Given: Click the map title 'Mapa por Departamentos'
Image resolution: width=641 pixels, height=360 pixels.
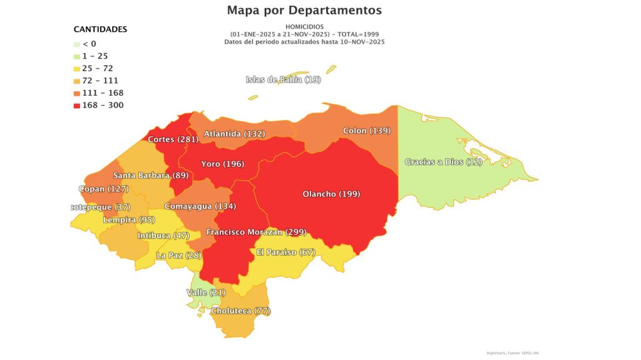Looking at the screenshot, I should coord(304,11).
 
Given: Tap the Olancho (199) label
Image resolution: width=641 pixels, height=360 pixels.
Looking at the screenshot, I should coord(331,194).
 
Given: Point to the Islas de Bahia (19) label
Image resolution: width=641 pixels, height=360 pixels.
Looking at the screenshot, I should coord(283,79).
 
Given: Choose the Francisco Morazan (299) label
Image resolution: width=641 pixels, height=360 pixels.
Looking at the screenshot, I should coord(256,232).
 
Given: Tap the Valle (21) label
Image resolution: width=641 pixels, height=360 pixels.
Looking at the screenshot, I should coord(206,292).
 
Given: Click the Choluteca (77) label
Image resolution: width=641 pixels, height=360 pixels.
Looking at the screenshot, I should coord(240,311).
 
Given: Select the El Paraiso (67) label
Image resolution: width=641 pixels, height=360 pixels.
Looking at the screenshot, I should coord(286,252).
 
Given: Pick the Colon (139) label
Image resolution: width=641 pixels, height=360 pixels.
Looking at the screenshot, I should coord(367,131).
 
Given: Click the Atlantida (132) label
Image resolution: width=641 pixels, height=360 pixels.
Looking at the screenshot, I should coord(235,134).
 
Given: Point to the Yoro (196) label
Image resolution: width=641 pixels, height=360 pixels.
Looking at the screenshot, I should coord(222,164).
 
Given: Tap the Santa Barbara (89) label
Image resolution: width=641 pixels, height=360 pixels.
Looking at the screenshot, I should coord(150,176).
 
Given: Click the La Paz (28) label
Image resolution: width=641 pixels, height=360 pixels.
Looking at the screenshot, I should coord(178,255).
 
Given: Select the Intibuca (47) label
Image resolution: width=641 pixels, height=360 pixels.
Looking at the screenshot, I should coord(163,236).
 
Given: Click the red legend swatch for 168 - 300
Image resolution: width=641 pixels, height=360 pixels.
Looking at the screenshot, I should coord(76,105).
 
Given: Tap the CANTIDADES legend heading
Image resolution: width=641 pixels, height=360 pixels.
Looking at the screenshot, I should coord(100,29).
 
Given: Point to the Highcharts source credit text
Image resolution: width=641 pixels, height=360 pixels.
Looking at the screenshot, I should coord(512,353).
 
